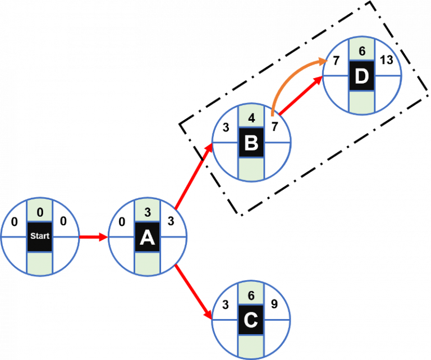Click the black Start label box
click(x=39, y=236)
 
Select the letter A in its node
click(x=146, y=238)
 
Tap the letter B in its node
click(x=251, y=143)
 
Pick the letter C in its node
click(x=251, y=321)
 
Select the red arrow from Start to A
click(x=93, y=237)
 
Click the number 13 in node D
click(x=386, y=60)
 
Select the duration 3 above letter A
click(x=146, y=212)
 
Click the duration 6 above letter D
click(x=362, y=51)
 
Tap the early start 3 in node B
click(x=225, y=127)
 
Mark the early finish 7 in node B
click(x=274, y=127)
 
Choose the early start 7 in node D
click(x=336, y=61)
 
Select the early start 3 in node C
click(x=225, y=305)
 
